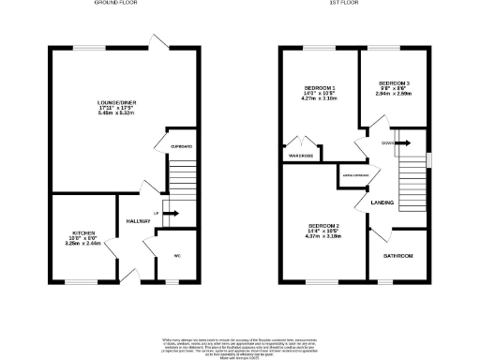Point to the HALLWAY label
pyautogui.click(x=139, y=221)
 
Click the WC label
pyautogui.click(x=178, y=255)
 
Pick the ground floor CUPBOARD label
pyautogui.click(x=182, y=147)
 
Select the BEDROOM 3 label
pyautogui.click(x=394, y=82)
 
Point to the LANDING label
pyautogui.click(x=382, y=203)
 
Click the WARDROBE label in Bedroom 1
pyautogui.click(x=301, y=156)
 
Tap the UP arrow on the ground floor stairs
pyautogui.click(x=170, y=213)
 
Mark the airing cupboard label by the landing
pyautogui.click(x=353, y=175)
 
